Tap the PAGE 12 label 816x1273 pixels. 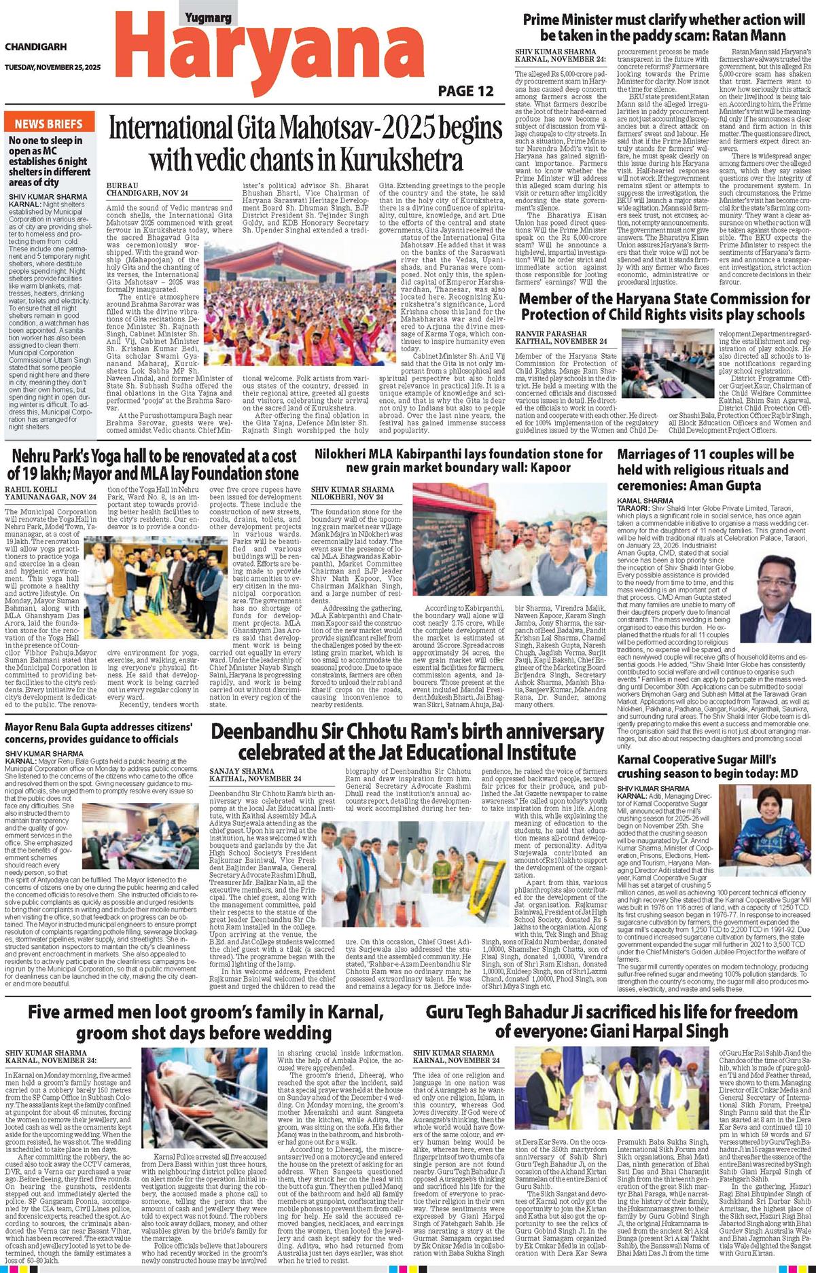[x=465, y=91]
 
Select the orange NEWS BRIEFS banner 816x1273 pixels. [x=48, y=124]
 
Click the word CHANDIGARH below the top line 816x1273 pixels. [x=36, y=47]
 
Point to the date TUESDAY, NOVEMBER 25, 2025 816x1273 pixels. [x=52, y=67]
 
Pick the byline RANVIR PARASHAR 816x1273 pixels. [x=551, y=334]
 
